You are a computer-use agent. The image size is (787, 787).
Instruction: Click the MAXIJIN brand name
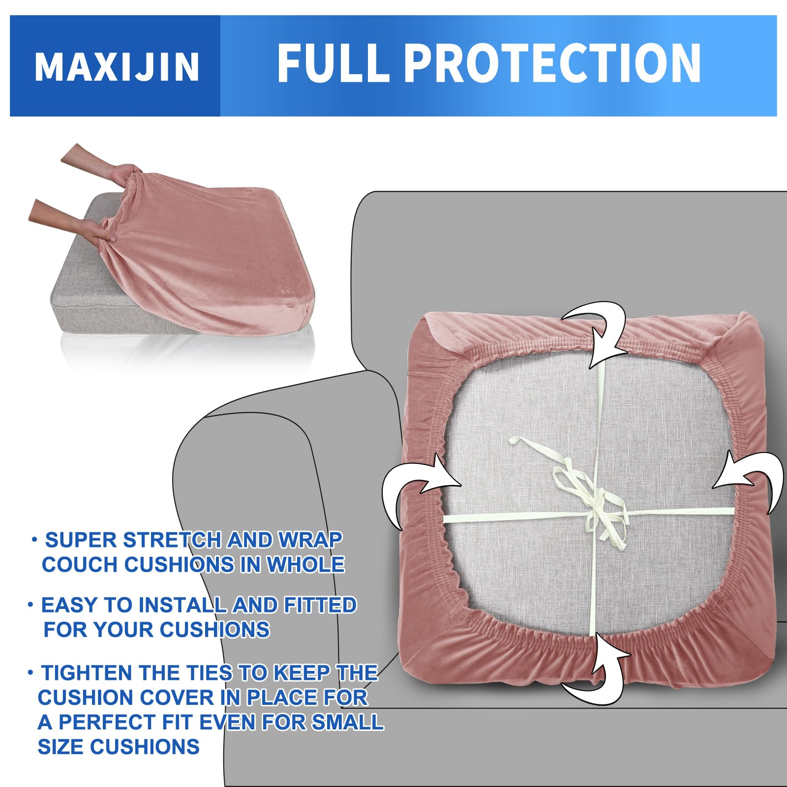pyautogui.click(x=117, y=66)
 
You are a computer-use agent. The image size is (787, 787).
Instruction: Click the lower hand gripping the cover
pyautogui.click(x=74, y=221)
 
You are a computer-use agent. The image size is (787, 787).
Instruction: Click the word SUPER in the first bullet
pyautogui.click(x=81, y=540)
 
